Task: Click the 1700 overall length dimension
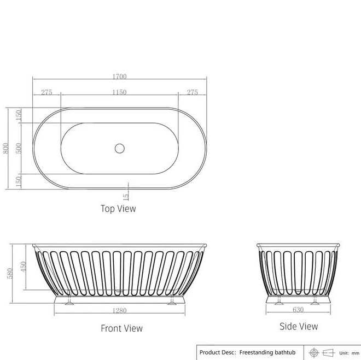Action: tap(119, 76)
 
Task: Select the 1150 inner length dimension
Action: tap(119, 92)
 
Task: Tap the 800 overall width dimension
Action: tap(5, 148)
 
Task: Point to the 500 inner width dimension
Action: tap(19, 148)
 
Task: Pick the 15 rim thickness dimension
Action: tap(126, 197)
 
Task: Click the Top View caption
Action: tap(118, 209)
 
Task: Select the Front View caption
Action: tap(121, 328)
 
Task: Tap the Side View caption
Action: tap(299, 326)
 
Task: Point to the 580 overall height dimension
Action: tap(10, 274)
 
